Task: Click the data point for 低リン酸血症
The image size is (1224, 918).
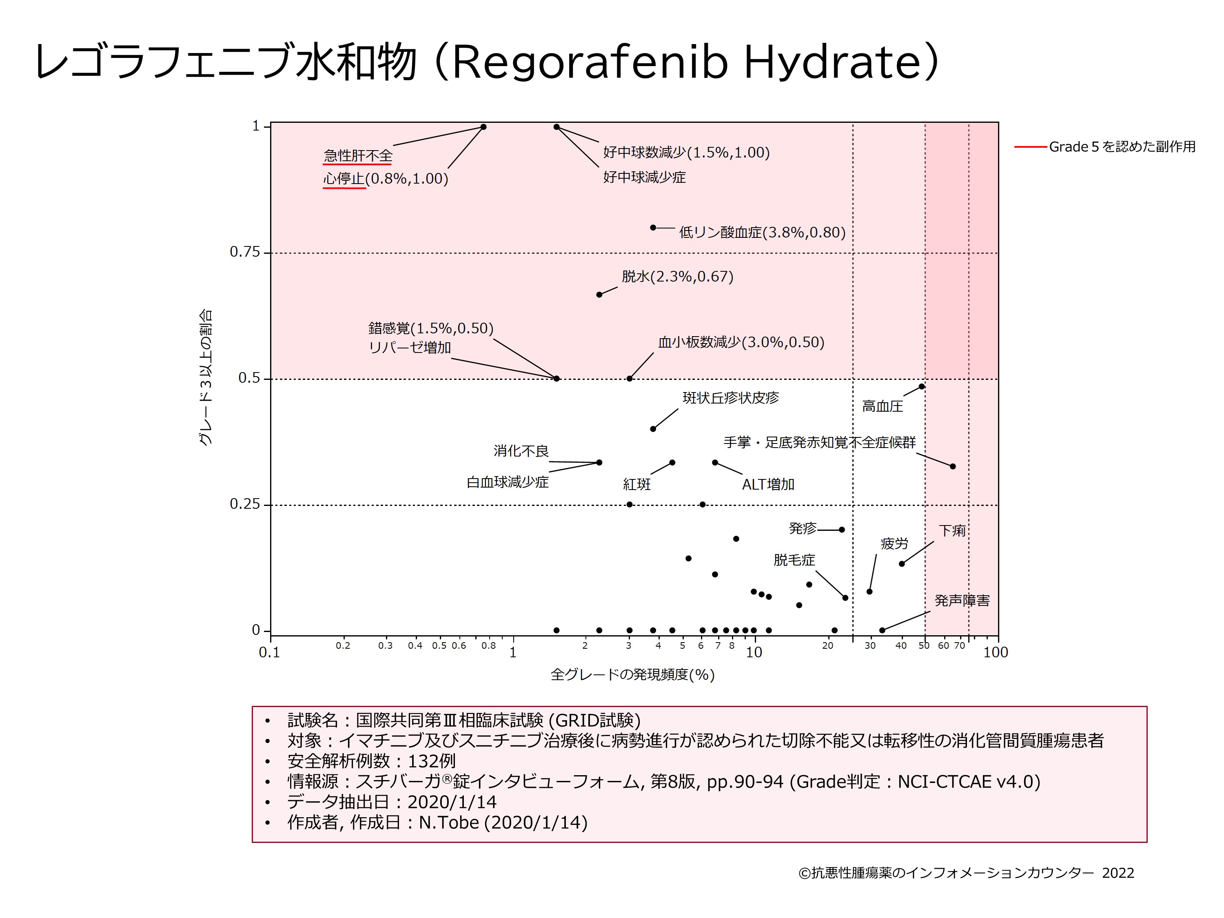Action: tap(653, 227)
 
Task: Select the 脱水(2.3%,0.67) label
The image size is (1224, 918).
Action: tap(677, 276)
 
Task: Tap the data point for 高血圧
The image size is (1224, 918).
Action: tap(921, 386)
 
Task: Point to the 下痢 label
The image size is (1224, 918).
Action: tap(952, 531)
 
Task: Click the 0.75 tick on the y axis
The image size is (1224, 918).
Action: tap(244, 252)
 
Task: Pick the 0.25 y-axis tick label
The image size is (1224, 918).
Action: tap(244, 504)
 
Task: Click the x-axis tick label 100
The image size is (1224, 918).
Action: tap(996, 653)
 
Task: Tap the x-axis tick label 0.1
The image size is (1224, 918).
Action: tap(269, 653)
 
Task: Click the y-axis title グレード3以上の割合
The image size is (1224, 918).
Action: tap(205, 377)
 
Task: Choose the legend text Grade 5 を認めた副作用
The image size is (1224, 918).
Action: tap(1122, 146)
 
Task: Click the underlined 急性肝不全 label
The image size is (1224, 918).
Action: tap(358, 155)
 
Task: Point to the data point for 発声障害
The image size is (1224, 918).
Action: tap(882, 630)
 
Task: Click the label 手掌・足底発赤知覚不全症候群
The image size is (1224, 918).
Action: tap(820, 442)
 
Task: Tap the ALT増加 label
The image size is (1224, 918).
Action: tap(768, 485)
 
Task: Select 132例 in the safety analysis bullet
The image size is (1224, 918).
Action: tap(432, 761)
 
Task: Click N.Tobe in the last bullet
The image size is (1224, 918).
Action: tap(449, 822)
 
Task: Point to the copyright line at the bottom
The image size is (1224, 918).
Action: tap(966, 873)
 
